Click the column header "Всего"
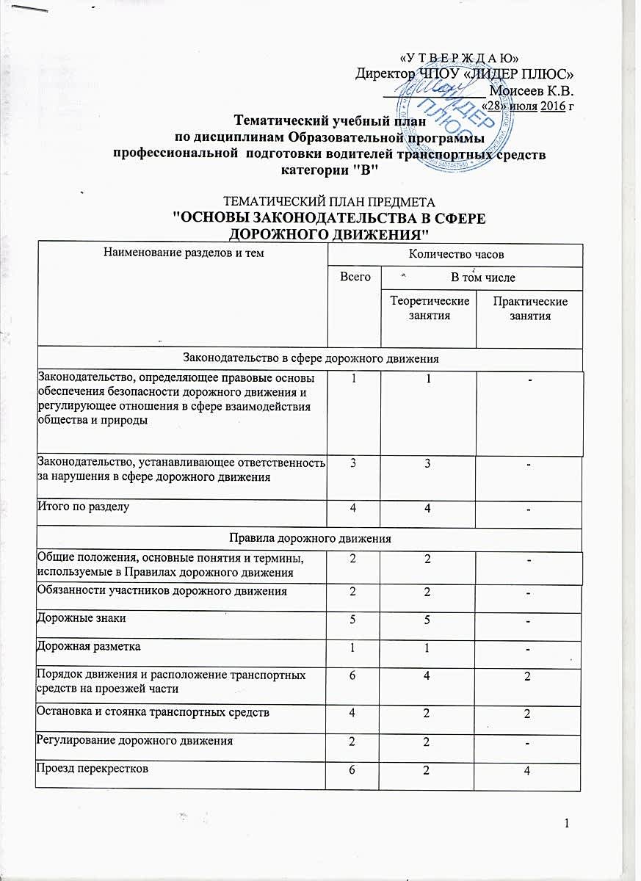tap(354, 278)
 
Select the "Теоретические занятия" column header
tap(429, 308)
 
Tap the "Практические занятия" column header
tap(529, 308)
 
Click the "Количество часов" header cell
tap(455, 254)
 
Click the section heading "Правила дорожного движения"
tap(308, 538)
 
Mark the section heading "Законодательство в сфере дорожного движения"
tap(308, 358)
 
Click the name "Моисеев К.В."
tap(531, 91)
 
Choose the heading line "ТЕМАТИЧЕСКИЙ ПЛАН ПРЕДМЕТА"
tap(308, 202)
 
